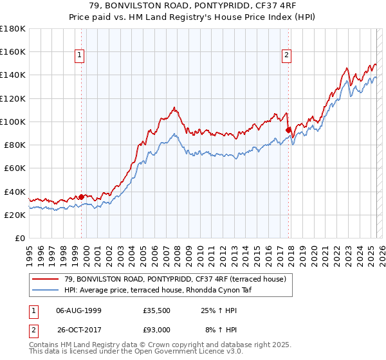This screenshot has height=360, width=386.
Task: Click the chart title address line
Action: click(x=192, y=6)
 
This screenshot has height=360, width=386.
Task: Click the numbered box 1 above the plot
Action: click(x=80, y=55)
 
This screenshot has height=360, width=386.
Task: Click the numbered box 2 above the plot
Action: click(x=286, y=55)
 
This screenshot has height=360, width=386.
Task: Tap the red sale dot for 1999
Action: click(x=82, y=196)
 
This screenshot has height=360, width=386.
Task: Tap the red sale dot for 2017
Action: click(x=288, y=129)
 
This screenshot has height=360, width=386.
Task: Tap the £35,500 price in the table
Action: click(x=157, y=311)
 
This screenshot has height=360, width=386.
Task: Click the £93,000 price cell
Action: click(x=157, y=329)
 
